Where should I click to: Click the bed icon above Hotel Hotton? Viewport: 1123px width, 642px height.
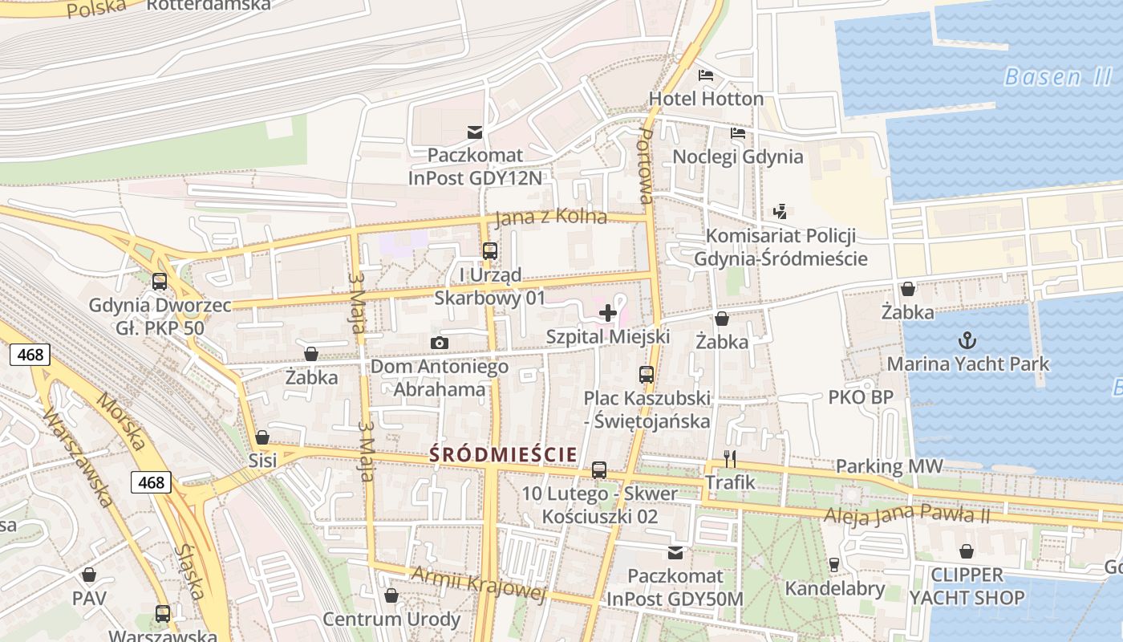(x=706, y=75)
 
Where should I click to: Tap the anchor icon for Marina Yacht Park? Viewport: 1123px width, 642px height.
(x=967, y=340)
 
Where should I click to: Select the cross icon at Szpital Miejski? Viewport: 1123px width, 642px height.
(x=608, y=313)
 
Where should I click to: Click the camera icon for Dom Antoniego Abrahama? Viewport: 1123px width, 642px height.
(x=439, y=343)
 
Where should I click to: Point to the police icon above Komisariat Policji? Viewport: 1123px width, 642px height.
(x=780, y=212)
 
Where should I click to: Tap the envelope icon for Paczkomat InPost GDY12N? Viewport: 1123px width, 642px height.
(x=475, y=132)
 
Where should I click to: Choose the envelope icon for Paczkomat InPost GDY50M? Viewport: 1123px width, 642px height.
(x=675, y=553)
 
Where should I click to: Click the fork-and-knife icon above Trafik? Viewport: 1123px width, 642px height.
(x=730, y=458)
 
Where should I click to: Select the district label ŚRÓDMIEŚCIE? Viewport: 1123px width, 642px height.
(x=503, y=454)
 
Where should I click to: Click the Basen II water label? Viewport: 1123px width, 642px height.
(x=1057, y=77)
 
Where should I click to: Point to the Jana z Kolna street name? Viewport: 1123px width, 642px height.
(x=551, y=218)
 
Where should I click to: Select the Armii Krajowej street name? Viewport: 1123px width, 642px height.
(x=478, y=584)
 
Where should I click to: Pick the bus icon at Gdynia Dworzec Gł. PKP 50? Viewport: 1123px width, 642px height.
(x=160, y=282)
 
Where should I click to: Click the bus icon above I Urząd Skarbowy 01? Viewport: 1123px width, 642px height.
(x=490, y=251)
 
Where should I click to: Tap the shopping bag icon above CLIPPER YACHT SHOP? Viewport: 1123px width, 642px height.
(x=967, y=551)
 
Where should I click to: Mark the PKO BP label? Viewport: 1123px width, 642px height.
(x=861, y=397)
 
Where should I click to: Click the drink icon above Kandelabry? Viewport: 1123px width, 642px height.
(x=834, y=565)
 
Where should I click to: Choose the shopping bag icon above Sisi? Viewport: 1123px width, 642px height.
(x=262, y=437)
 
